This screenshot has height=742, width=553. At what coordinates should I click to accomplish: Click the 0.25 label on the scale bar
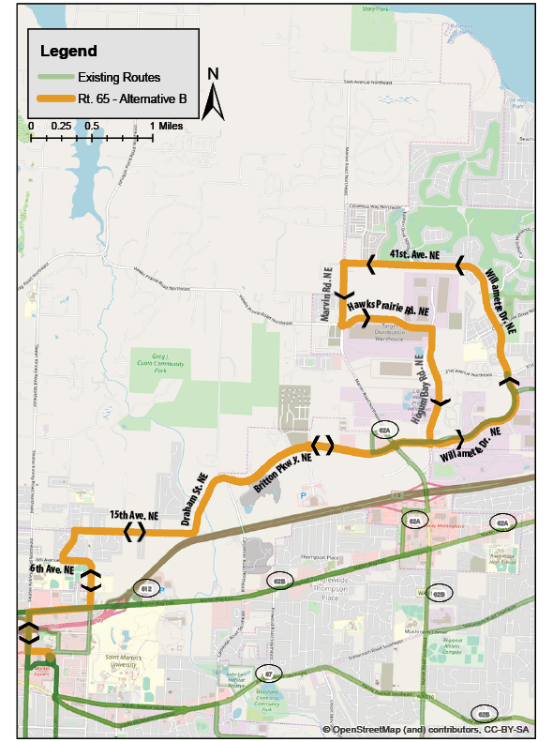point(62,125)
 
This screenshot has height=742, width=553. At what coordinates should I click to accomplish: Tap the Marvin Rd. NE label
point(328,293)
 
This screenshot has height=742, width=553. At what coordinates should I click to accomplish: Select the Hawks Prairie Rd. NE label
point(387,308)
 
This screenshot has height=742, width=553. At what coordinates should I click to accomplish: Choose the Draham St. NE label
point(199,502)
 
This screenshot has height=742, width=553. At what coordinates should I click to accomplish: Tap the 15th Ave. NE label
point(132,516)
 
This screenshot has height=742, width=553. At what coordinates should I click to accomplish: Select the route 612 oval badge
point(146,588)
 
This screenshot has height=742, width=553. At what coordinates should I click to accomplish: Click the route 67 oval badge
point(268,674)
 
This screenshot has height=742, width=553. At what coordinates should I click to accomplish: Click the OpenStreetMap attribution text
point(426,729)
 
